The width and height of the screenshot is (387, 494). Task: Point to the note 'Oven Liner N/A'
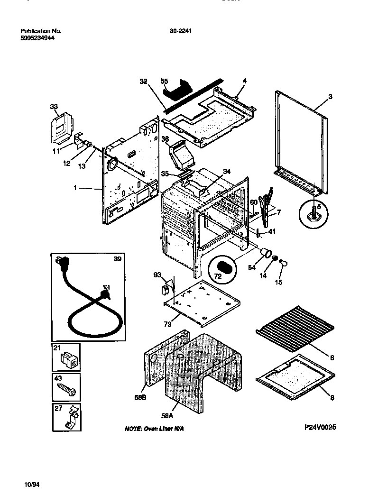coord(154,429)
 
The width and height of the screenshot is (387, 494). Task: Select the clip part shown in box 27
coord(69,419)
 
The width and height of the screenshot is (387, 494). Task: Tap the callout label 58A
coord(166,416)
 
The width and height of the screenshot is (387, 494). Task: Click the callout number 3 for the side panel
coord(330,97)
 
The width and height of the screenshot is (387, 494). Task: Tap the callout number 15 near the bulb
coord(278,283)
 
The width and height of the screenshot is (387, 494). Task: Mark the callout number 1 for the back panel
coord(74,188)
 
